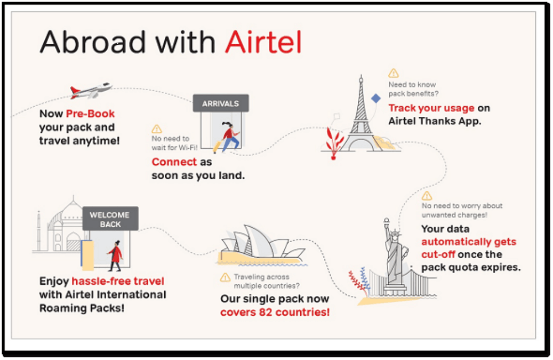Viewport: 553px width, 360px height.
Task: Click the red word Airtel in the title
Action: click(x=263, y=42)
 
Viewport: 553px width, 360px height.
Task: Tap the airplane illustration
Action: click(x=91, y=90)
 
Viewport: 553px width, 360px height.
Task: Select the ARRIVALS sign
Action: click(x=221, y=103)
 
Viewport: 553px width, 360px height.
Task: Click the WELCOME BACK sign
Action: click(x=110, y=219)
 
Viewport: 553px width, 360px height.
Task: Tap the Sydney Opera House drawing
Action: click(x=261, y=244)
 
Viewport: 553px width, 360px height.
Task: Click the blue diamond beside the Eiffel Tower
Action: click(x=376, y=98)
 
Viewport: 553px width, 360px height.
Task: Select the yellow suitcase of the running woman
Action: click(x=217, y=146)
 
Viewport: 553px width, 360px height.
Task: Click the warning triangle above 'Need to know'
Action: click(x=393, y=74)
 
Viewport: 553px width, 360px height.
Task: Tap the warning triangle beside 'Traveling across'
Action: click(x=225, y=278)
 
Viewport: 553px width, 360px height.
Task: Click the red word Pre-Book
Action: click(x=90, y=114)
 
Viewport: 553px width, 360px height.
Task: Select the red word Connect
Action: click(x=174, y=162)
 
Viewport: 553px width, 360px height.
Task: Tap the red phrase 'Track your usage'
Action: click(x=431, y=108)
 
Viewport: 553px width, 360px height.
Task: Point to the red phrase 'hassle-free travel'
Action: click(x=118, y=281)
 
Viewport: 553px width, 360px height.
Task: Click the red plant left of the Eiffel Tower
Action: click(x=333, y=143)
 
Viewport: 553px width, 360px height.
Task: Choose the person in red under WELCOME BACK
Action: click(x=115, y=255)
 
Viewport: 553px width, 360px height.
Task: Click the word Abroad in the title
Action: click(x=93, y=42)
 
